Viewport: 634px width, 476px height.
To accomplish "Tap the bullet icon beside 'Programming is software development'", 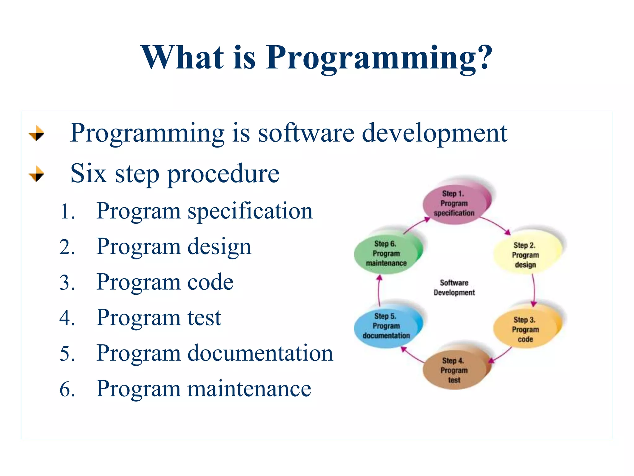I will pyautogui.click(x=37, y=133).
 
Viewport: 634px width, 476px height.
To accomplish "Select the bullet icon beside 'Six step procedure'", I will pyautogui.click(x=37, y=174).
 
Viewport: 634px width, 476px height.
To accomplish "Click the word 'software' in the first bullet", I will pyautogui.click(x=306, y=133).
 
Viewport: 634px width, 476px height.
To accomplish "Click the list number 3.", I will pyautogui.click(x=67, y=283).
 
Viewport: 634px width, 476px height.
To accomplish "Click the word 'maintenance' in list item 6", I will pyautogui.click(x=249, y=389).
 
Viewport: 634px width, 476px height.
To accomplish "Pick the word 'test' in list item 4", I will pyautogui.click(x=204, y=318).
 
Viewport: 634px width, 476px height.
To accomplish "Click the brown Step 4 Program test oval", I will pyautogui.click(x=454, y=370).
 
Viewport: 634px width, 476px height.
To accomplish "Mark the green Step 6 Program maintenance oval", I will pyautogui.click(x=386, y=253).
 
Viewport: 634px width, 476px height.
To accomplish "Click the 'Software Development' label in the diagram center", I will pyautogui.click(x=454, y=288).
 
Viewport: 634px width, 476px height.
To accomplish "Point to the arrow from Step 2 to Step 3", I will pyautogui.click(x=534, y=290).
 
